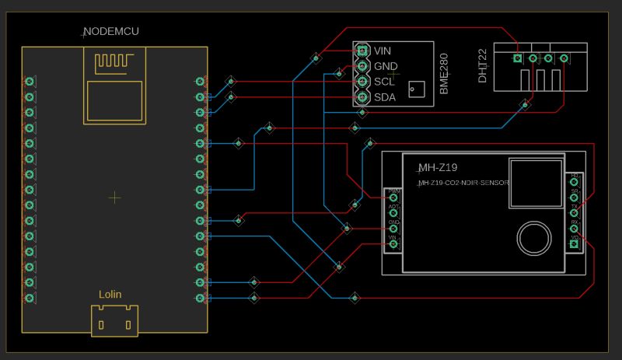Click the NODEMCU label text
coord(111,32)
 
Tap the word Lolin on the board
coord(110,295)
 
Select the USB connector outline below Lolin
coord(114,320)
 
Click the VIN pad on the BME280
coord(362,51)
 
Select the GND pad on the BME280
coord(362,66)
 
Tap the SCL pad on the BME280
coord(362,82)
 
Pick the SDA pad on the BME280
coord(362,97)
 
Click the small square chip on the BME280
coord(418,90)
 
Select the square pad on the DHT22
coord(518,58)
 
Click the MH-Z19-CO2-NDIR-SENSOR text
coord(463,183)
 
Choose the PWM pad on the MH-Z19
coord(393,197)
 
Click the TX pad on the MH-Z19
coord(575,212)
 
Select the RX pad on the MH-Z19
coord(575,228)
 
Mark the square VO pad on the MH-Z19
coord(575,243)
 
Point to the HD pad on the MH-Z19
coord(575,181)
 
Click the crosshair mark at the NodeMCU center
coord(114,197)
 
